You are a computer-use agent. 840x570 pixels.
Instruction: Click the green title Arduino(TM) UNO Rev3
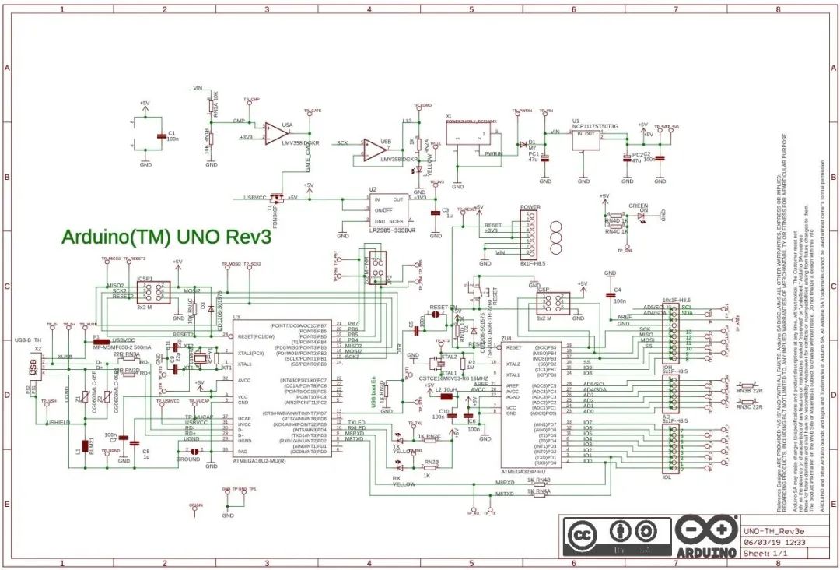pos(166,236)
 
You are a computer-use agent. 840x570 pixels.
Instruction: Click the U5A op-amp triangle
pos(273,134)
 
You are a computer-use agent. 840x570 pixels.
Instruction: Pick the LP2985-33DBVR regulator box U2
pos(387,209)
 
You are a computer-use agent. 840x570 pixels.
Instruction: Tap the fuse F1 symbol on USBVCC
pos(96,341)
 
